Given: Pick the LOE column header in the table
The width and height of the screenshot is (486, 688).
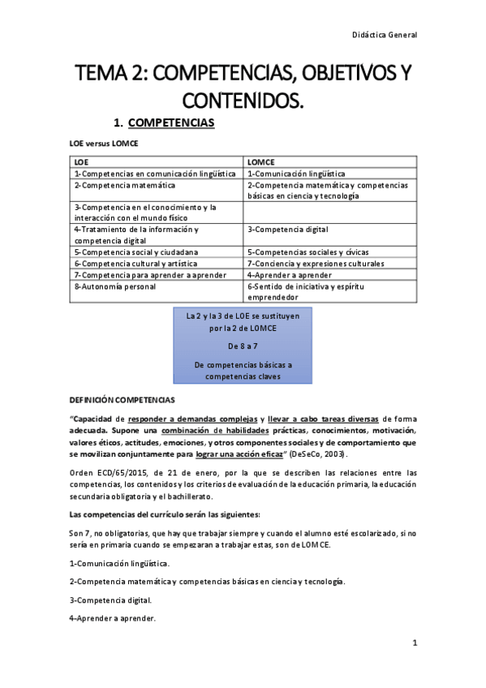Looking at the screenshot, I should click(x=81, y=161).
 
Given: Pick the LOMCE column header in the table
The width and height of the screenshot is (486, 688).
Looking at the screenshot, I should click(x=260, y=161).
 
